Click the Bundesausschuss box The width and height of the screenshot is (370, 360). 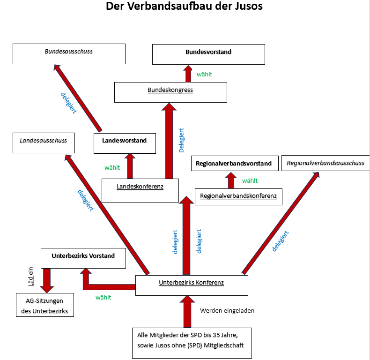(x=69, y=54)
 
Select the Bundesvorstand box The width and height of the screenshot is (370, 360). (x=208, y=54)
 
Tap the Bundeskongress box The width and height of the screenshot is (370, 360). (x=170, y=92)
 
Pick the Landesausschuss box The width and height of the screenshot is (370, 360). (x=44, y=142)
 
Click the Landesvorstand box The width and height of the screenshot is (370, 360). (x=125, y=142)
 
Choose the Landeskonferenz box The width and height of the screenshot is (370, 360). (x=140, y=190)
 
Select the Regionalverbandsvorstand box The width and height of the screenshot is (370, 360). (x=234, y=164)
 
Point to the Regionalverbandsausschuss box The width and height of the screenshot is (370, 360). (x=325, y=163)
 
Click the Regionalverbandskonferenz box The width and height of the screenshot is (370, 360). (x=238, y=196)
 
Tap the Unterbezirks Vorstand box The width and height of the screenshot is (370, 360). (x=83, y=258)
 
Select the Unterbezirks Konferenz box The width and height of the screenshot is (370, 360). (x=192, y=285)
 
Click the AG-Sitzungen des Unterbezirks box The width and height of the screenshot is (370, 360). (x=45, y=305)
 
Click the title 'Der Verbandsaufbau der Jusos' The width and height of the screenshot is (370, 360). (x=184, y=7)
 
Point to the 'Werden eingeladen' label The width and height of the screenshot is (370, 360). (x=227, y=310)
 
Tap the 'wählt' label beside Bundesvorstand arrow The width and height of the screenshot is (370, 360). (x=205, y=74)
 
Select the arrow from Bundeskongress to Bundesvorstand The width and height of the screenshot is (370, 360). (x=188, y=74)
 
